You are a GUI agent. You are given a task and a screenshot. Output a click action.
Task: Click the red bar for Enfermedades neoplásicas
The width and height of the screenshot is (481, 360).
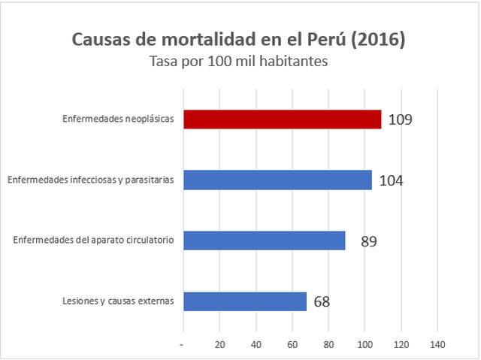283,119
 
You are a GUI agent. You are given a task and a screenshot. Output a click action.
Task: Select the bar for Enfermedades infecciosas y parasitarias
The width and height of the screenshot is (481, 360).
278,180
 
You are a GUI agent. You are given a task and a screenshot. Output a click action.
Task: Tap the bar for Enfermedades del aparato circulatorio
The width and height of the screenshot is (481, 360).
265,241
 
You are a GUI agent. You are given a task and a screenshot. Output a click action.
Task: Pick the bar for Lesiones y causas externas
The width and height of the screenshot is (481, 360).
245,301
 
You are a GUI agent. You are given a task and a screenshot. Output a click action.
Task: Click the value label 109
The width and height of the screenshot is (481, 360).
401,119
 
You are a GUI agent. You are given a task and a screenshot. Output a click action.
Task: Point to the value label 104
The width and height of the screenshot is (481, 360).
391,180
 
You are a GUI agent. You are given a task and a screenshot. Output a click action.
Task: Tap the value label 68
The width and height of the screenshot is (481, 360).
322,302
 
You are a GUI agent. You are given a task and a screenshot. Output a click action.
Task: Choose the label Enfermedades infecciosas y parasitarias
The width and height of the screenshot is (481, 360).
91,180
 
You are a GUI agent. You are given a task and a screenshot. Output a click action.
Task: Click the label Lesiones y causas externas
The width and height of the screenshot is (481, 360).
119,301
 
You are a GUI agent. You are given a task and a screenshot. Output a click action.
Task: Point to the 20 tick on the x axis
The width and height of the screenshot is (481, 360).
220,344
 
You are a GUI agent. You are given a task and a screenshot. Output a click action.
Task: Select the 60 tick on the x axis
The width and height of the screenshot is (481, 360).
292,344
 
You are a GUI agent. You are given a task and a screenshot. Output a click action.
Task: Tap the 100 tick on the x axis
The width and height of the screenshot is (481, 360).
365,344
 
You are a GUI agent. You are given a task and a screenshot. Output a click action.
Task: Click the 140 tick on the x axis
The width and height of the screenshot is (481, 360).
437,344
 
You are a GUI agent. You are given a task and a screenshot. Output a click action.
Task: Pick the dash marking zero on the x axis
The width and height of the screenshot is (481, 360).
183,344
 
